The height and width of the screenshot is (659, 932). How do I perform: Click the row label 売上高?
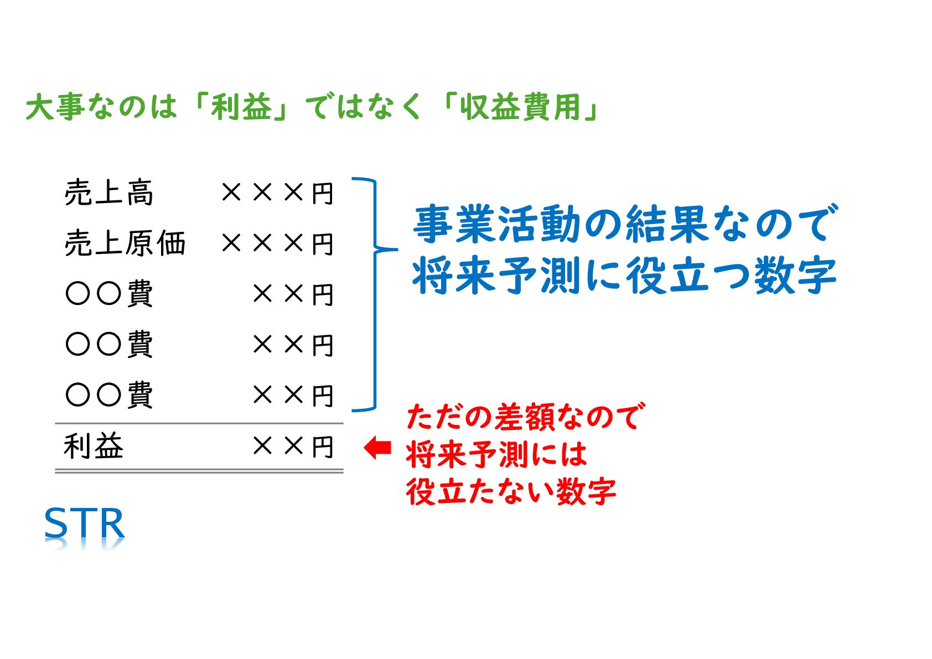coord(109,193)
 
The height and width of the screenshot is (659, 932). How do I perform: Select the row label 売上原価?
coord(125,243)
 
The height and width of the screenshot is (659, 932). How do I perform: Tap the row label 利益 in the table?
coord(94,447)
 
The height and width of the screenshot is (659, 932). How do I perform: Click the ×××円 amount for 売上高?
coord(277,193)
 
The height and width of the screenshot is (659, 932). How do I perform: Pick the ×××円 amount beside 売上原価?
coord(277,243)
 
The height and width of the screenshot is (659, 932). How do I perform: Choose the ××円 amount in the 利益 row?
coord(293,447)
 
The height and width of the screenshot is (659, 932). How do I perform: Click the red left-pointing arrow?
coord(378,447)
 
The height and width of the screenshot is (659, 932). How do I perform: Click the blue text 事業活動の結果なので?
coord(625,224)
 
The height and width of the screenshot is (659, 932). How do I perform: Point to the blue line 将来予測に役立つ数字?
coord(624,275)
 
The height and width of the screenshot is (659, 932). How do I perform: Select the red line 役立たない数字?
coord(511,491)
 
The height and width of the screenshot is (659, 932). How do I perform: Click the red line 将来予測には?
coord(496,454)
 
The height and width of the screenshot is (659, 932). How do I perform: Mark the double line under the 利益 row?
coord(199,471)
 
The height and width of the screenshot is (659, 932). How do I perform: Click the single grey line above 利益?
coord(199,424)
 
